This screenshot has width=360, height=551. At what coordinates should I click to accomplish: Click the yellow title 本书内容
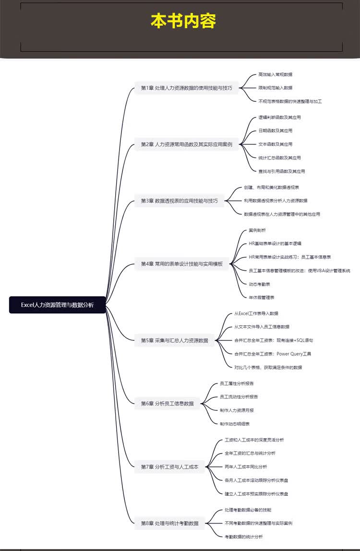[x=183, y=21]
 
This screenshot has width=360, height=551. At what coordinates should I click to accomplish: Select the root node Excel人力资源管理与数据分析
[x=57, y=305]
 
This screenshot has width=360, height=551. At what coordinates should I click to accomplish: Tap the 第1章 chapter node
[x=186, y=88]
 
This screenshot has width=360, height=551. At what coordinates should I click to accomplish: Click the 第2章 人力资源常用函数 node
[x=186, y=144]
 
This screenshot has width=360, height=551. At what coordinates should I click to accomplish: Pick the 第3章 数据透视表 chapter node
[x=180, y=201]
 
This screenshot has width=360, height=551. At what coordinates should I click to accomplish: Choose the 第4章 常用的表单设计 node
[x=182, y=264]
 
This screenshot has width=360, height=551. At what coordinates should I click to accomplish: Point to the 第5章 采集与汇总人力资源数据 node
[x=174, y=340]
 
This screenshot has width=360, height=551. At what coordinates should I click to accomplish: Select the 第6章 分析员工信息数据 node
[x=168, y=403]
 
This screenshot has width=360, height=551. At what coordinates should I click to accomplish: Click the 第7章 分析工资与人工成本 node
[x=169, y=467]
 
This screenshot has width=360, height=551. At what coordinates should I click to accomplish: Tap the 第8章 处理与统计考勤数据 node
[x=169, y=523]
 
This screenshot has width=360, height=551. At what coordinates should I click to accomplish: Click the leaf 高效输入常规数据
[x=275, y=74]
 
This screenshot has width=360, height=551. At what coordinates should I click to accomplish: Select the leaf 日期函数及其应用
[x=275, y=131]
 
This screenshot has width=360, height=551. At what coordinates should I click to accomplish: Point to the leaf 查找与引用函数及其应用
[x=282, y=171]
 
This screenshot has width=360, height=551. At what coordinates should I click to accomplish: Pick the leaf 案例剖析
[x=257, y=230]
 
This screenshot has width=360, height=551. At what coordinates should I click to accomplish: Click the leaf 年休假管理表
[x=262, y=297]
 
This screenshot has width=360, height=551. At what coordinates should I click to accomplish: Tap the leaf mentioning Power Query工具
[x=273, y=354]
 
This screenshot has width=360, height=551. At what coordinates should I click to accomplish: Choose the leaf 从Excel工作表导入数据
[x=256, y=313]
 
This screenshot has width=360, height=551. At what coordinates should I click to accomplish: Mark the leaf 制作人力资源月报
[x=237, y=410]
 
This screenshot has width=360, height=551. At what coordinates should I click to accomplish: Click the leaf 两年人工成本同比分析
[x=246, y=467]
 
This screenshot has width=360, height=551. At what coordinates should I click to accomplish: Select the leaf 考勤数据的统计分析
[x=244, y=537]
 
